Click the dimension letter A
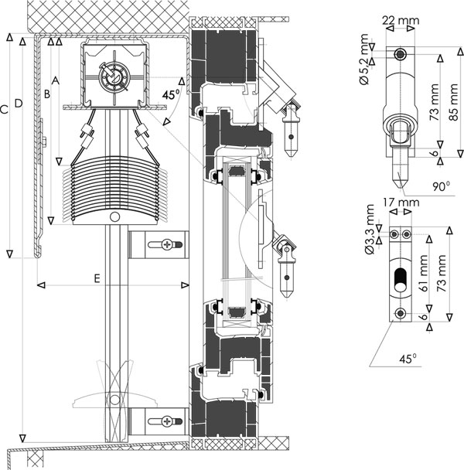click(56, 80)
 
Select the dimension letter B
click(47, 94)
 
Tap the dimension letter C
click(4, 110)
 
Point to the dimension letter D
click(19, 104)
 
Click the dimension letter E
click(97, 278)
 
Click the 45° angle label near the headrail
click(171, 94)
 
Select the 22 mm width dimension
click(401, 20)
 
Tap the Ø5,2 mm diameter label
click(363, 60)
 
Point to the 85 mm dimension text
click(454, 102)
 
